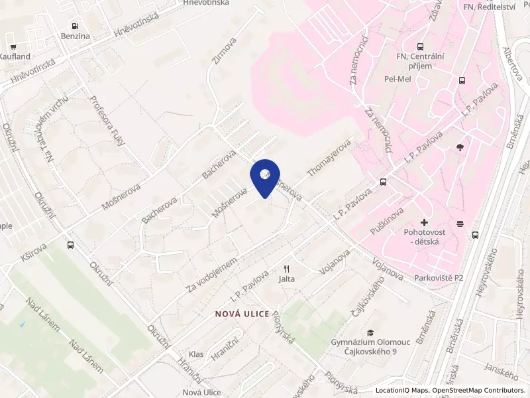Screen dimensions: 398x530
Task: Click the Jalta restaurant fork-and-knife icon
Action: click(x=287, y=269)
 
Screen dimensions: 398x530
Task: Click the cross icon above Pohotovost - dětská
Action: click(x=424, y=222)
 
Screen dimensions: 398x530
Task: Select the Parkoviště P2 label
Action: click(x=439, y=277)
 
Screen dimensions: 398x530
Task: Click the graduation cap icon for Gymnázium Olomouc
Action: click(x=371, y=332)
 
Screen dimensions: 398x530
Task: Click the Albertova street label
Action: click(x=513, y=63)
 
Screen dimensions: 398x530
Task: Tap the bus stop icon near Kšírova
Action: click(x=71, y=244)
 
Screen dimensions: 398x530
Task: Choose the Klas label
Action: click(x=196, y=354)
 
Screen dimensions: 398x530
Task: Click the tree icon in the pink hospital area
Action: click(x=460, y=147)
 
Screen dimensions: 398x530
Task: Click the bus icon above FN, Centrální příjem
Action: click(x=419, y=46)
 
